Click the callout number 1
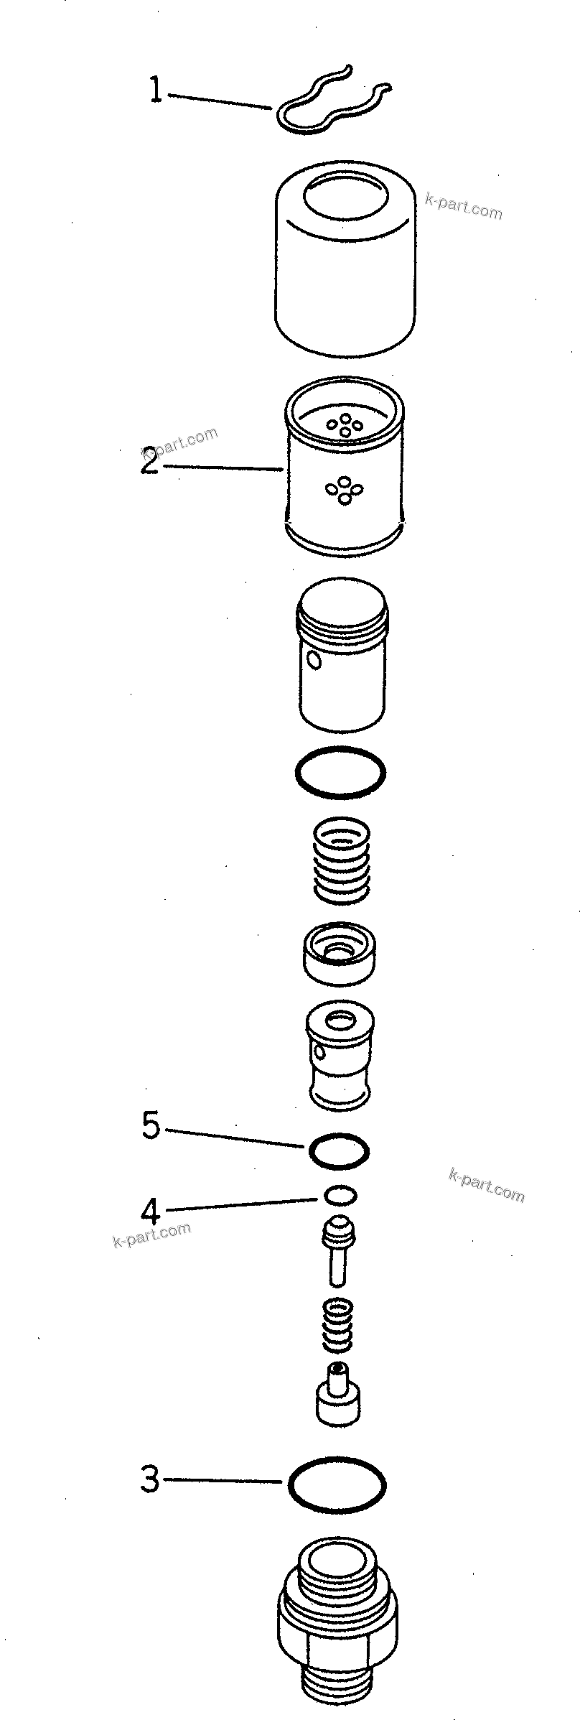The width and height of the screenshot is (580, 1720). click(155, 91)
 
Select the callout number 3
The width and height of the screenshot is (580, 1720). click(149, 1479)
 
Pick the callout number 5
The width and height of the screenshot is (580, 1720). click(151, 1125)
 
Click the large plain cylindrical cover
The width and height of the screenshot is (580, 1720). click(345, 259)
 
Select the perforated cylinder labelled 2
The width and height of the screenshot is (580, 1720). click(345, 467)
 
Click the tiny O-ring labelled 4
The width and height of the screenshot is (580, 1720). click(340, 1195)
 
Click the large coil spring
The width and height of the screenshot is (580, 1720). click(342, 859)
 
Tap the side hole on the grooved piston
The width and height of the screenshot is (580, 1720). click(313, 659)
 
